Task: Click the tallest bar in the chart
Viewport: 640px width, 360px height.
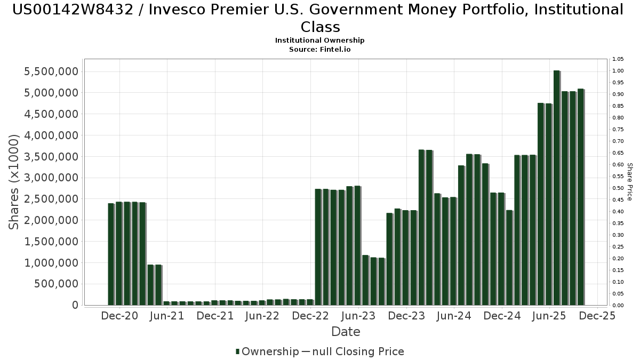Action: pos(556,187)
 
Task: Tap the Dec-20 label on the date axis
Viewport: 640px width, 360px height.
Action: pos(119,316)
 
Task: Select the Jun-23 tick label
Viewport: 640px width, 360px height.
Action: pos(358,316)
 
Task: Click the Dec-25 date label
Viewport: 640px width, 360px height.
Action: pos(597,316)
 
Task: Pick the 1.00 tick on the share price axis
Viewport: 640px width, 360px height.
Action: pos(619,71)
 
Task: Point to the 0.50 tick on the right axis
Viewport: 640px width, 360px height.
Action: pos(619,188)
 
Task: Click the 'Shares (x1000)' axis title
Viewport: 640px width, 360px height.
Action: pos(14,182)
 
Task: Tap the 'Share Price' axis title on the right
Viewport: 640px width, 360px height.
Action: pos(629,182)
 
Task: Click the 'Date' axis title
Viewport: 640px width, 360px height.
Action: pos(346,332)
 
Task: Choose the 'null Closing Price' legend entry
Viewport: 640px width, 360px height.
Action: pos(353,351)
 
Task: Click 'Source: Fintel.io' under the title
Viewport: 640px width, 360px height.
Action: pos(320,49)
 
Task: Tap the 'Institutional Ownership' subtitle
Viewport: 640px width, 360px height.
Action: pos(320,41)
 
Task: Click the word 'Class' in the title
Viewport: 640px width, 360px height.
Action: pos(320,27)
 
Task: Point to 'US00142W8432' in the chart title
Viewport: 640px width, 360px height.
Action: pos(71,10)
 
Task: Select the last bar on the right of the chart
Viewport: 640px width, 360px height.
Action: pos(580,197)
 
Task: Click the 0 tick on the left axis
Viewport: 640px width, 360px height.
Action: pos(75,305)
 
